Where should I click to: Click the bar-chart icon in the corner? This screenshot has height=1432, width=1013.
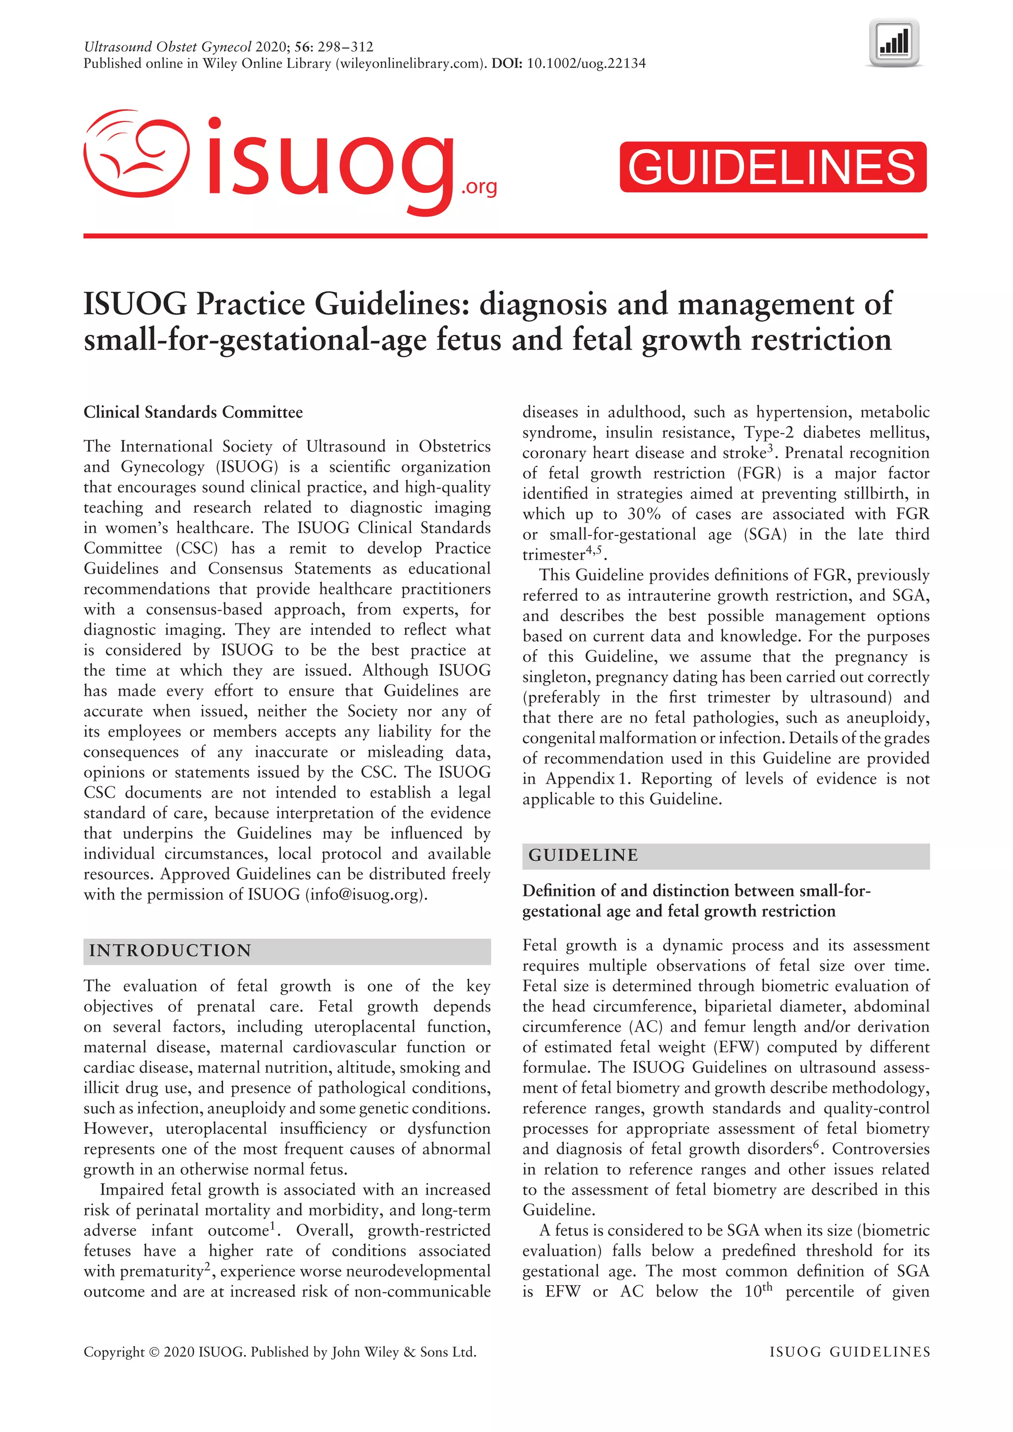click(894, 43)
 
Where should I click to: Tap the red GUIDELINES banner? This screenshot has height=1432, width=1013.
click(772, 167)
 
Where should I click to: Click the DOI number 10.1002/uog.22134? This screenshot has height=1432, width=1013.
click(586, 64)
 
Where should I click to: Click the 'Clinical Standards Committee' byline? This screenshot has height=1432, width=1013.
click(193, 412)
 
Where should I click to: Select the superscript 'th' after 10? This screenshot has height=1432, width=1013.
click(767, 1286)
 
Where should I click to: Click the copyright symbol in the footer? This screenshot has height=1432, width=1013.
click(153, 1352)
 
